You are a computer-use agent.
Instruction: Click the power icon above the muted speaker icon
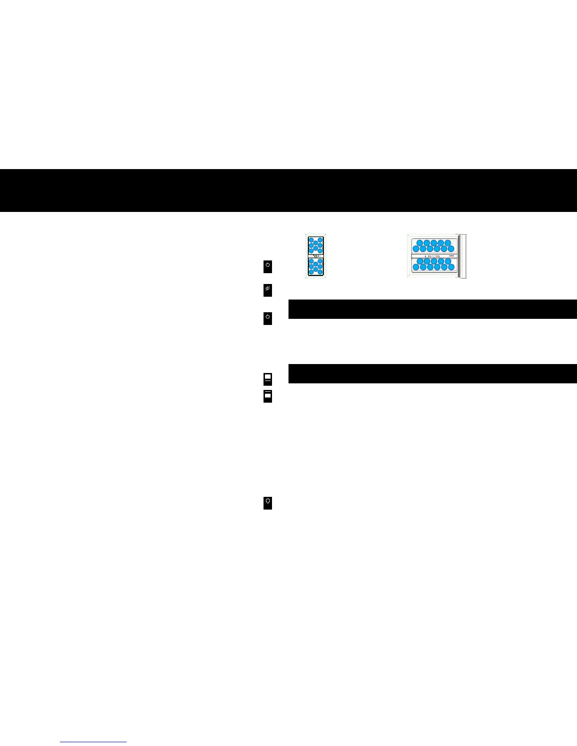(x=267, y=266)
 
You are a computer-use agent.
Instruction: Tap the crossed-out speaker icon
(x=267, y=290)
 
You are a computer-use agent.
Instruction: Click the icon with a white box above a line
(x=267, y=379)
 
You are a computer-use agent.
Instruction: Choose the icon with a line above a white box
(x=267, y=396)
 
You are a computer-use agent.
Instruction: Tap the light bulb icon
(x=267, y=503)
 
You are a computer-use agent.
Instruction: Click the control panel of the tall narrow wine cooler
(x=315, y=256)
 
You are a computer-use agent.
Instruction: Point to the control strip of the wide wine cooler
(x=434, y=256)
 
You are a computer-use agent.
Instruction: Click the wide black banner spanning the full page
(x=288, y=190)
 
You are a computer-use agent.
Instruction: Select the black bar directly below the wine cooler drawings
(x=432, y=309)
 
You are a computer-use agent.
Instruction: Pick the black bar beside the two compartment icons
(x=432, y=373)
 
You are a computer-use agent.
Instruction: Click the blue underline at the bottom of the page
(x=93, y=742)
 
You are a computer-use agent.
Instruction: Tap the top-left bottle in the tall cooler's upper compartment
(x=311, y=240)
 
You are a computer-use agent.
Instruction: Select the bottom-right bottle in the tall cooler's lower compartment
(x=320, y=272)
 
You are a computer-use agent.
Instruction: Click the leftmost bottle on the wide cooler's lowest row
(x=416, y=267)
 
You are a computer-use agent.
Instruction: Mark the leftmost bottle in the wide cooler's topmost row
(x=420, y=243)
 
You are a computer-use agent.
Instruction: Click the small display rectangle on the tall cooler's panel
(x=315, y=256)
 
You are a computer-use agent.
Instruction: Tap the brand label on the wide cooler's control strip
(x=451, y=256)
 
